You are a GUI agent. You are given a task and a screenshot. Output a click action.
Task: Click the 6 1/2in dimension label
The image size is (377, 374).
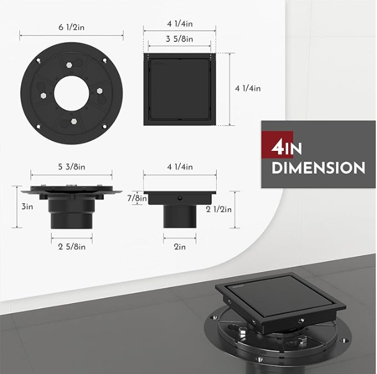click(x=71, y=27)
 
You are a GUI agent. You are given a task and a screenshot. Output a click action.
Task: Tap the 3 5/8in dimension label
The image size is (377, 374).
click(x=179, y=39)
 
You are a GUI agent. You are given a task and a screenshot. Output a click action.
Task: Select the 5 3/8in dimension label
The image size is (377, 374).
click(x=71, y=166)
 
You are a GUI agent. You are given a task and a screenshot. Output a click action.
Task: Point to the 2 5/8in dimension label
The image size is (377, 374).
click(x=71, y=247)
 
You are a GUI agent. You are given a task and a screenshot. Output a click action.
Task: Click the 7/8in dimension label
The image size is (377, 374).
click(x=137, y=198)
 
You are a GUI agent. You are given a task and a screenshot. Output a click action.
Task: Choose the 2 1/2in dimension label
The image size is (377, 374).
click(x=219, y=209)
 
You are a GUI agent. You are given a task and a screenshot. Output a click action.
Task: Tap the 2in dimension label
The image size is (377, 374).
click(x=180, y=247)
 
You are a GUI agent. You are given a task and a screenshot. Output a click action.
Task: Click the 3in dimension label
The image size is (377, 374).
click(x=27, y=206)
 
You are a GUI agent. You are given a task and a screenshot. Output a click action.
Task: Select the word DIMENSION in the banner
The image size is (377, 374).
click(x=319, y=168)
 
